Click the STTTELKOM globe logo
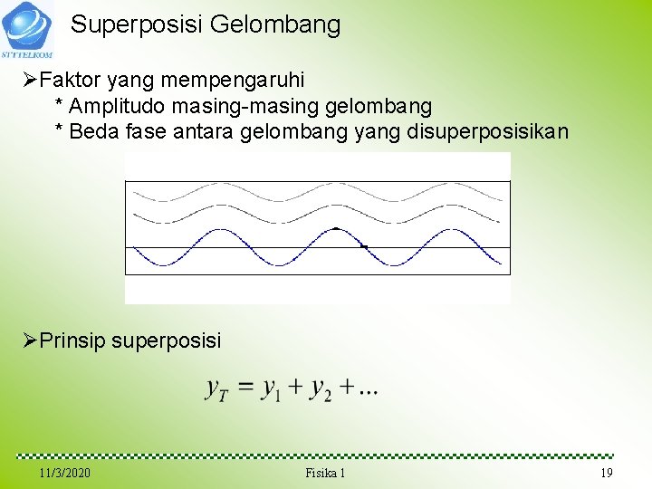tap(26, 26)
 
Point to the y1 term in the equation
tap(271, 389)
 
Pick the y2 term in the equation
tap(321, 389)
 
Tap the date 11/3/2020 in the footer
tap(65, 474)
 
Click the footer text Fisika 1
tap(325, 474)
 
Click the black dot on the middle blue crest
tap(336, 228)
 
